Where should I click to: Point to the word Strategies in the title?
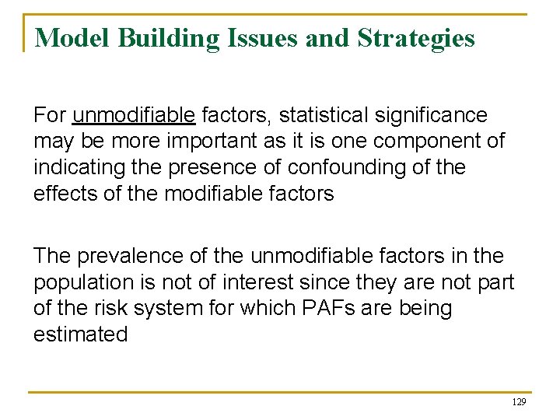[x=416, y=37]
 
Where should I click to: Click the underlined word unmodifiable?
[x=134, y=116]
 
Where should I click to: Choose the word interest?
[x=250, y=282]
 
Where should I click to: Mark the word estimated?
[x=80, y=334]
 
